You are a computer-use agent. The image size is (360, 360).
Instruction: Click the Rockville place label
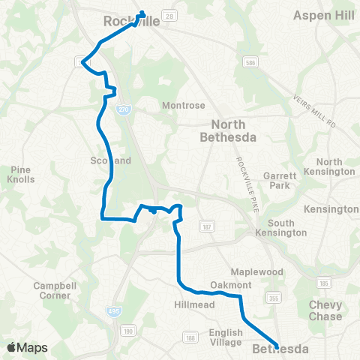pos(131,22)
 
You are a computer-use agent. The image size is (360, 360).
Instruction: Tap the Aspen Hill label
pos(322,15)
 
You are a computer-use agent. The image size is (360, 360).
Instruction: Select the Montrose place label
pos(180,106)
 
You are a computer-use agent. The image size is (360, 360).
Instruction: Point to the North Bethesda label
pos(228,130)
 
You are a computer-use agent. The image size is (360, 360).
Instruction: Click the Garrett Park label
pos(280,181)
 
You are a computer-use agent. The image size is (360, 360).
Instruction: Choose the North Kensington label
pos(335,166)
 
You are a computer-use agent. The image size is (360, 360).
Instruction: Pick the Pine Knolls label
pos(20,175)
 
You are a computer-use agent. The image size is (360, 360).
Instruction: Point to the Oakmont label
pos(230,286)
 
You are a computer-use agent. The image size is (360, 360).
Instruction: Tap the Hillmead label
pos(194,305)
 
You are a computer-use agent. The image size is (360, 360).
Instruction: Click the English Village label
pos(225,337)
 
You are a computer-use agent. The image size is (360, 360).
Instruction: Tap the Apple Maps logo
pos(27,347)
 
